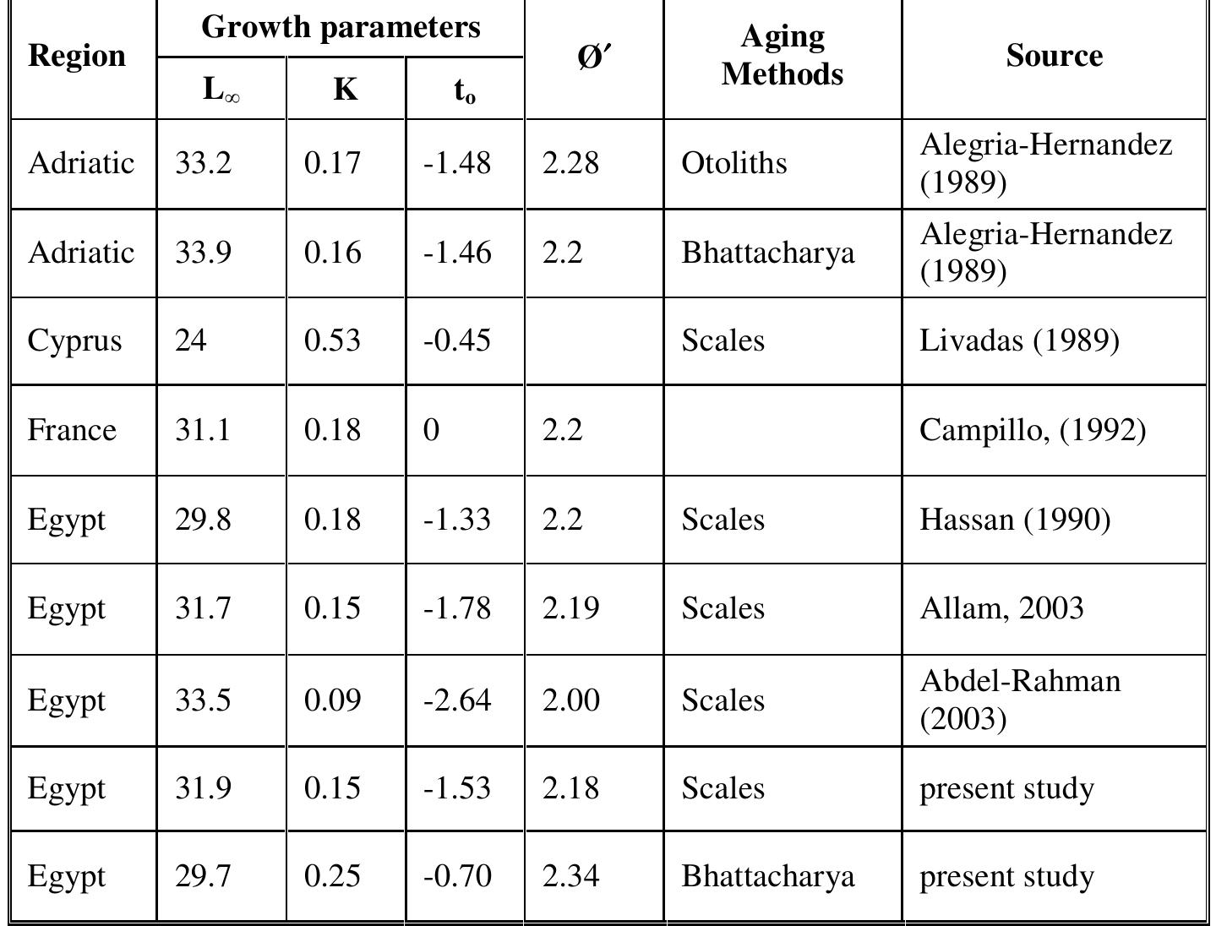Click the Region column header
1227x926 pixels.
(x=77, y=56)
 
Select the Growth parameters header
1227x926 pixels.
(x=341, y=27)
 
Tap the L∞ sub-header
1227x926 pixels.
(x=221, y=89)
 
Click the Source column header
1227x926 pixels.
(x=1054, y=56)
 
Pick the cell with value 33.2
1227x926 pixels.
(x=203, y=162)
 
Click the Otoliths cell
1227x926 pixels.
(x=733, y=162)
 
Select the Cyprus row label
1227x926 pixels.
(x=74, y=340)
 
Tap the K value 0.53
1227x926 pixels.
(x=332, y=340)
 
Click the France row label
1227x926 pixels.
(x=72, y=430)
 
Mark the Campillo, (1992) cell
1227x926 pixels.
(x=1033, y=430)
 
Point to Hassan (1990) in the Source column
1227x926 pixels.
(x=1015, y=519)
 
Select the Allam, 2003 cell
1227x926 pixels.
(x=1001, y=608)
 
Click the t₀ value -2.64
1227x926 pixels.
(x=457, y=700)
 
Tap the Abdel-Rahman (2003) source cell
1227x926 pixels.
(x=1020, y=700)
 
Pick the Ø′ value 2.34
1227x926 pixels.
(x=571, y=876)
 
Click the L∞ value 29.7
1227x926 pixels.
(x=203, y=876)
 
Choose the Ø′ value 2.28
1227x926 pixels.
(x=571, y=162)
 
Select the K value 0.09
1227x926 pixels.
(x=332, y=700)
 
